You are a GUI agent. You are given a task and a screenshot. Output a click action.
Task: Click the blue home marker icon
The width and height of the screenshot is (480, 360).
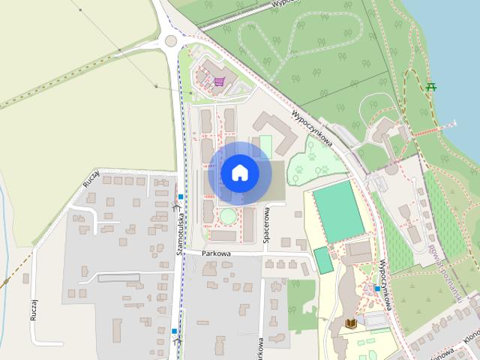tap(239, 173)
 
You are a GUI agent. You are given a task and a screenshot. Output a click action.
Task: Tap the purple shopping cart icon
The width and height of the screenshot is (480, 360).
tap(218, 82)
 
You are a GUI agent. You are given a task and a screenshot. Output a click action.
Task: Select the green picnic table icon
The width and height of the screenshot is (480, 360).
tap(431, 88)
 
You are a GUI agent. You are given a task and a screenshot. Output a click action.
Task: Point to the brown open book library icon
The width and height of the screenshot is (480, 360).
tap(350, 323)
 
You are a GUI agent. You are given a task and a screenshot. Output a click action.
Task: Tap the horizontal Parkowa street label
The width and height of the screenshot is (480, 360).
tap(216, 253)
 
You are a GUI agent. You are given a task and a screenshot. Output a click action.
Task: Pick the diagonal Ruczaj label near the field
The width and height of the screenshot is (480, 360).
tap(91, 178)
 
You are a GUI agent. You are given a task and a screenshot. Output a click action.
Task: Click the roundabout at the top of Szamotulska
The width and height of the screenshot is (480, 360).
tap(171, 40)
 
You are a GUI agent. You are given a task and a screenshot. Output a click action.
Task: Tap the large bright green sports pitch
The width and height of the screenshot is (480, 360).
tap(338, 211)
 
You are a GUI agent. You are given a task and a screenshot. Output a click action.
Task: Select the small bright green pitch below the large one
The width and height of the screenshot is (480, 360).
tap(323, 260)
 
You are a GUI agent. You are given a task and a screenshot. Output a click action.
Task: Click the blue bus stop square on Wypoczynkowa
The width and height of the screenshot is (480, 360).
tap(376, 288)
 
